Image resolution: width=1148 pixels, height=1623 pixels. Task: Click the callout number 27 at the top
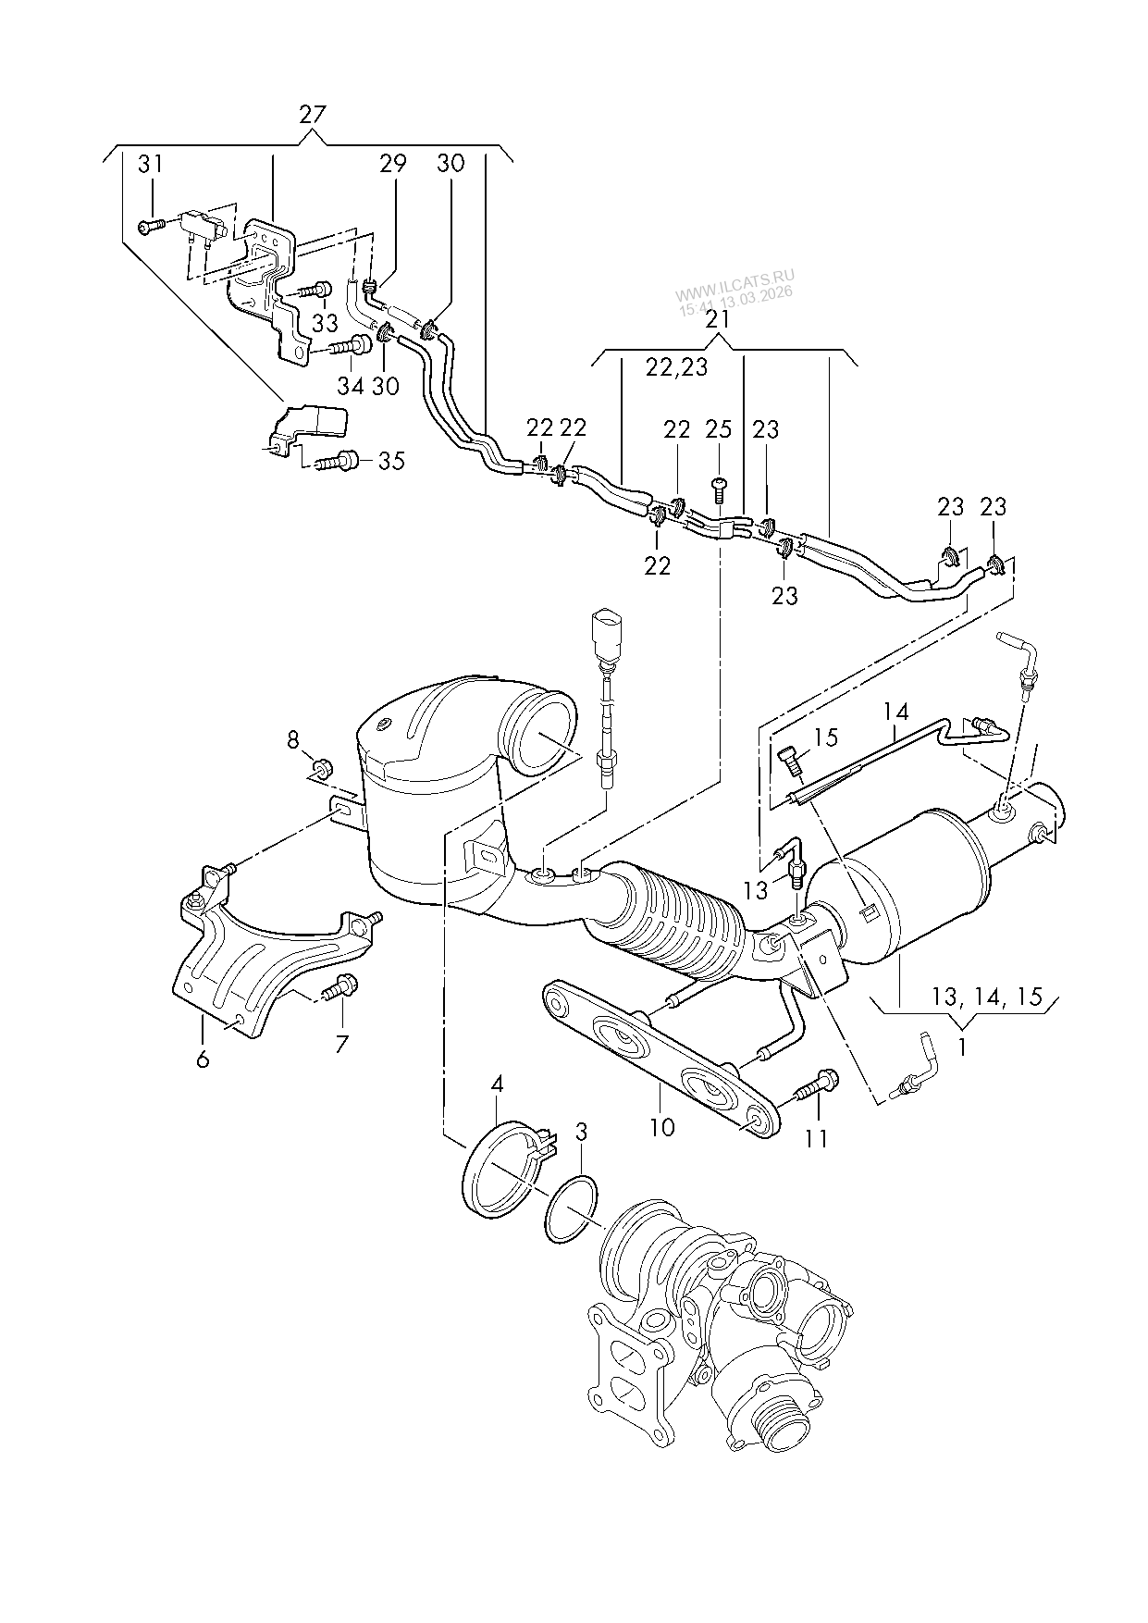pyautogui.click(x=313, y=115)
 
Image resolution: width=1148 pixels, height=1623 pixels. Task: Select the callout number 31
pyautogui.click(x=150, y=165)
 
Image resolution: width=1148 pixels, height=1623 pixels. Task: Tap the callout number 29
pyautogui.click(x=392, y=164)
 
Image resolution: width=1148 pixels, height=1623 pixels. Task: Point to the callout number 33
pyautogui.click(x=325, y=324)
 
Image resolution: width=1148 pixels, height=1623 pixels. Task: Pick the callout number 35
pyautogui.click(x=391, y=460)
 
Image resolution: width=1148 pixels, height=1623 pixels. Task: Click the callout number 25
pyautogui.click(x=719, y=429)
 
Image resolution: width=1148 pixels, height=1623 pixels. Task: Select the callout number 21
pyautogui.click(x=718, y=319)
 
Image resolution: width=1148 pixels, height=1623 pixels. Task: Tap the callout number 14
pyautogui.click(x=895, y=712)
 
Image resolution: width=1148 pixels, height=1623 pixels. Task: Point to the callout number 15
pyautogui.click(x=825, y=737)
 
